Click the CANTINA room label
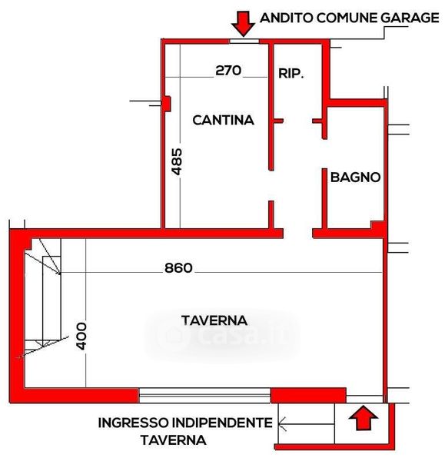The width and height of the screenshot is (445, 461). point(223,120)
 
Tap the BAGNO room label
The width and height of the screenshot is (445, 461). point(355,177)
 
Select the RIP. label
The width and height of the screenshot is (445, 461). point(291,73)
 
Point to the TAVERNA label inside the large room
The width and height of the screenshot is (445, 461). point(214,320)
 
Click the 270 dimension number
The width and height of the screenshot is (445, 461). point(228,70)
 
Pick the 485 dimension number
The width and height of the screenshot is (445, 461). point(177,161)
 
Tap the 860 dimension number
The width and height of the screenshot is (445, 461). point(178,268)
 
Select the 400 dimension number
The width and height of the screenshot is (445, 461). point(81,337)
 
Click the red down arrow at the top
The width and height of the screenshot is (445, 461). point(243,24)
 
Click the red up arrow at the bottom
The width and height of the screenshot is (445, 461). point(363,418)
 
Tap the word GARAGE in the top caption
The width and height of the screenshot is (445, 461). point(410,18)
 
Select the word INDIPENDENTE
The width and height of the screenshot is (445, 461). point(222,423)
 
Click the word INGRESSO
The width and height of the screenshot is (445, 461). point(134,423)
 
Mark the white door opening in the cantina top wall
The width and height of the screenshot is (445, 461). point(244,41)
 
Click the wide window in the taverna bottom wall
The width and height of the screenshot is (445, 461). point(204,395)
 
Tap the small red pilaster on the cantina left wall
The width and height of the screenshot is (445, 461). point(167,104)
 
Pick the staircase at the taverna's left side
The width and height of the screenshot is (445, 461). point(43,297)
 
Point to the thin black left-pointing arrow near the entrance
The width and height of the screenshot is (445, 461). point(306,424)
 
